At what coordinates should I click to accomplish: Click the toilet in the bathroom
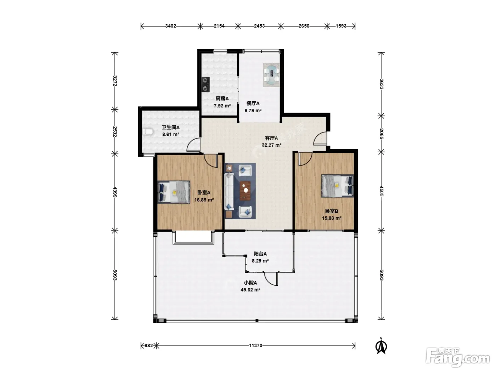coord(148,132)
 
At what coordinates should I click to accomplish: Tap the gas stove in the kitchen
coord(205,84)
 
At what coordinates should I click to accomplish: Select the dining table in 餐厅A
coord(271,75)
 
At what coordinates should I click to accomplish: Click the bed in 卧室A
coord(174,192)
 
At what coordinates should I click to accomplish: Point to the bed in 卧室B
coord(338,186)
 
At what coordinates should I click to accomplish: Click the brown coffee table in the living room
coord(245,191)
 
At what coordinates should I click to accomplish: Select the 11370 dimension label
coord(255,345)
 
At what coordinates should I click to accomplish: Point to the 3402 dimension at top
coord(171,26)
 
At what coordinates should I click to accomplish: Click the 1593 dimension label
coord(341,26)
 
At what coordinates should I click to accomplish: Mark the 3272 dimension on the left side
coord(115,81)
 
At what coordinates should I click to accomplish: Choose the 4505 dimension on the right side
coord(382,191)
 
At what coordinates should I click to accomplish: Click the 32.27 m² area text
coord(271,145)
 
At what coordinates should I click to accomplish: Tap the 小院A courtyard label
coord(250,283)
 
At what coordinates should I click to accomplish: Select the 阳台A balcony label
coord(260,254)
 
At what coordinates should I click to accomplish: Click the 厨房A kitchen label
coord(222,98)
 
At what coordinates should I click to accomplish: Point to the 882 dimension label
coord(149,345)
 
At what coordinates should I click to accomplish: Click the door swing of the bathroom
coord(193,145)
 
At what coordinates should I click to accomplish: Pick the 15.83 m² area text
coord(332,218)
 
